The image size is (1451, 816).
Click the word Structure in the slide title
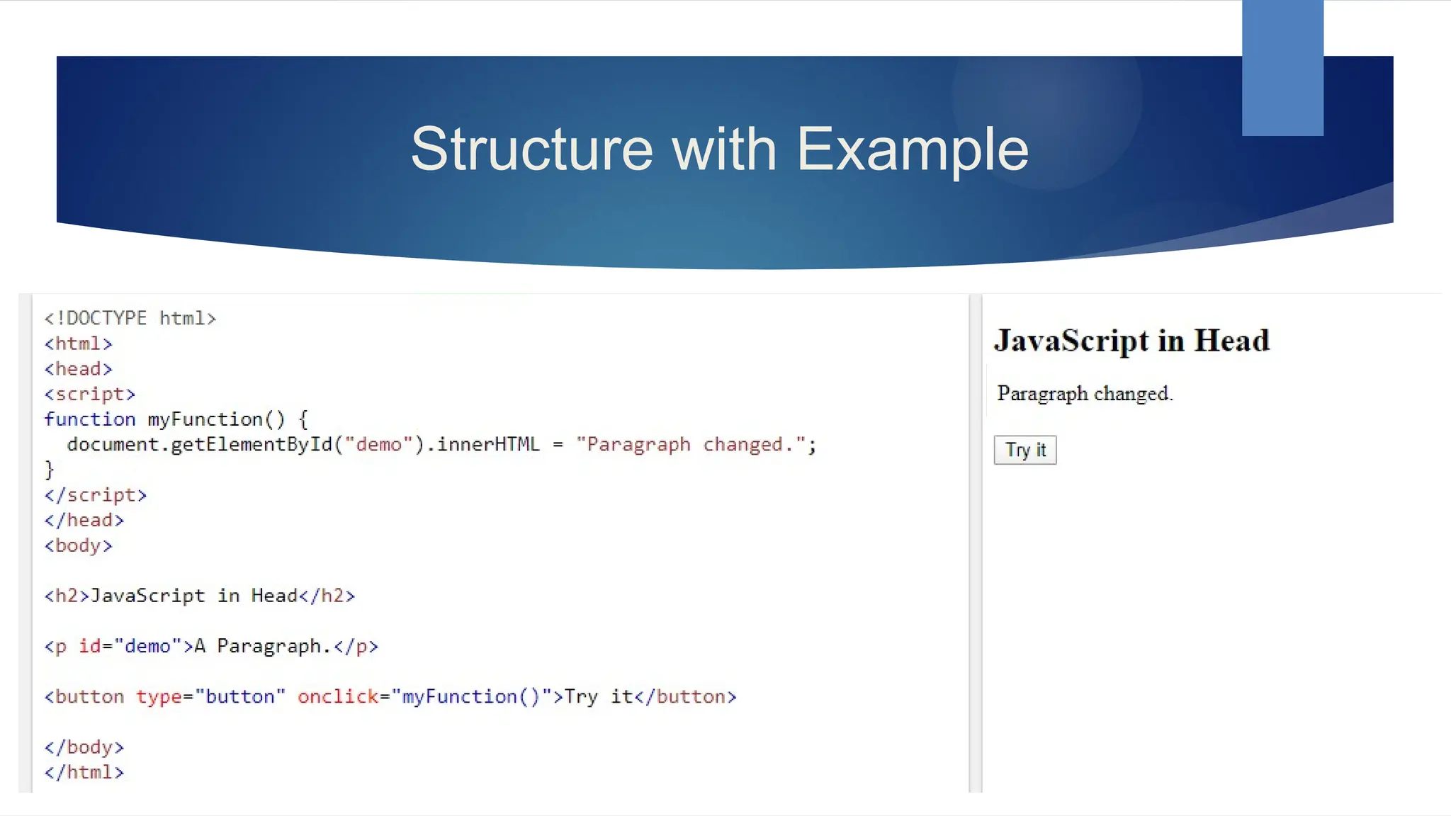click(x=531, y=149)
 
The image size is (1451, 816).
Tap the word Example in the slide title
click(x=913, y=149)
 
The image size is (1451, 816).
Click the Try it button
click(x=1024, y=450)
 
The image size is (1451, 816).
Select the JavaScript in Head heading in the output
click(x=1131, y=341)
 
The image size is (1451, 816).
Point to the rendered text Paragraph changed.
click(x=1085, y=393)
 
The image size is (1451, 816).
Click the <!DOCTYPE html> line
click(x=130, y=318)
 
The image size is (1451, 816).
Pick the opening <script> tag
click(x=89, y=394)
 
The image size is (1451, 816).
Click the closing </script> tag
click(x=95, y=495)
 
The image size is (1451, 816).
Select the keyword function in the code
click(x=89, y=419)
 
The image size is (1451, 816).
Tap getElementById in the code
click(x=251, y=445)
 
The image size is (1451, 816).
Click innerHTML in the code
click(x=488, y=445)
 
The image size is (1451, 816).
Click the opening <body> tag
click(x=78, y=545)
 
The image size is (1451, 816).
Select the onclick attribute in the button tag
click(x=338, y=697)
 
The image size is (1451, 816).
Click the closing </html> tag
click(x=84, y=772)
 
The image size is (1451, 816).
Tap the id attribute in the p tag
click(x=89, y=646)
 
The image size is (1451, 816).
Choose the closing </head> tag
click(x=84, y=520)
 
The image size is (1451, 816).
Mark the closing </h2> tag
click(x=327, y=596)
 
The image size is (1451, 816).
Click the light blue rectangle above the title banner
click(x=1282, y=67)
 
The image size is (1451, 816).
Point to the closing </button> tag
click(x=686, y=697)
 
